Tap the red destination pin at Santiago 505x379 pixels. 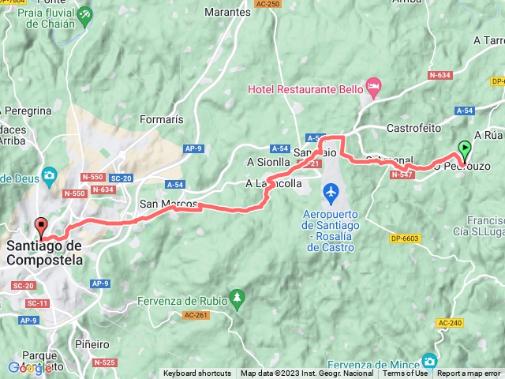[40, 227]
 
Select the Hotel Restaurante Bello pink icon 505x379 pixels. [373, 84]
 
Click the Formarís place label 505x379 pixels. [161, 119]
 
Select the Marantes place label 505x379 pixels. [227, 13]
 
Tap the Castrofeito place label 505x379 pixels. [413, 127]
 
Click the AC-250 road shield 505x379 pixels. [268, 4]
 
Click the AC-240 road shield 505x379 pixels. [450, 323]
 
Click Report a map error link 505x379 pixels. [469, 373]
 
